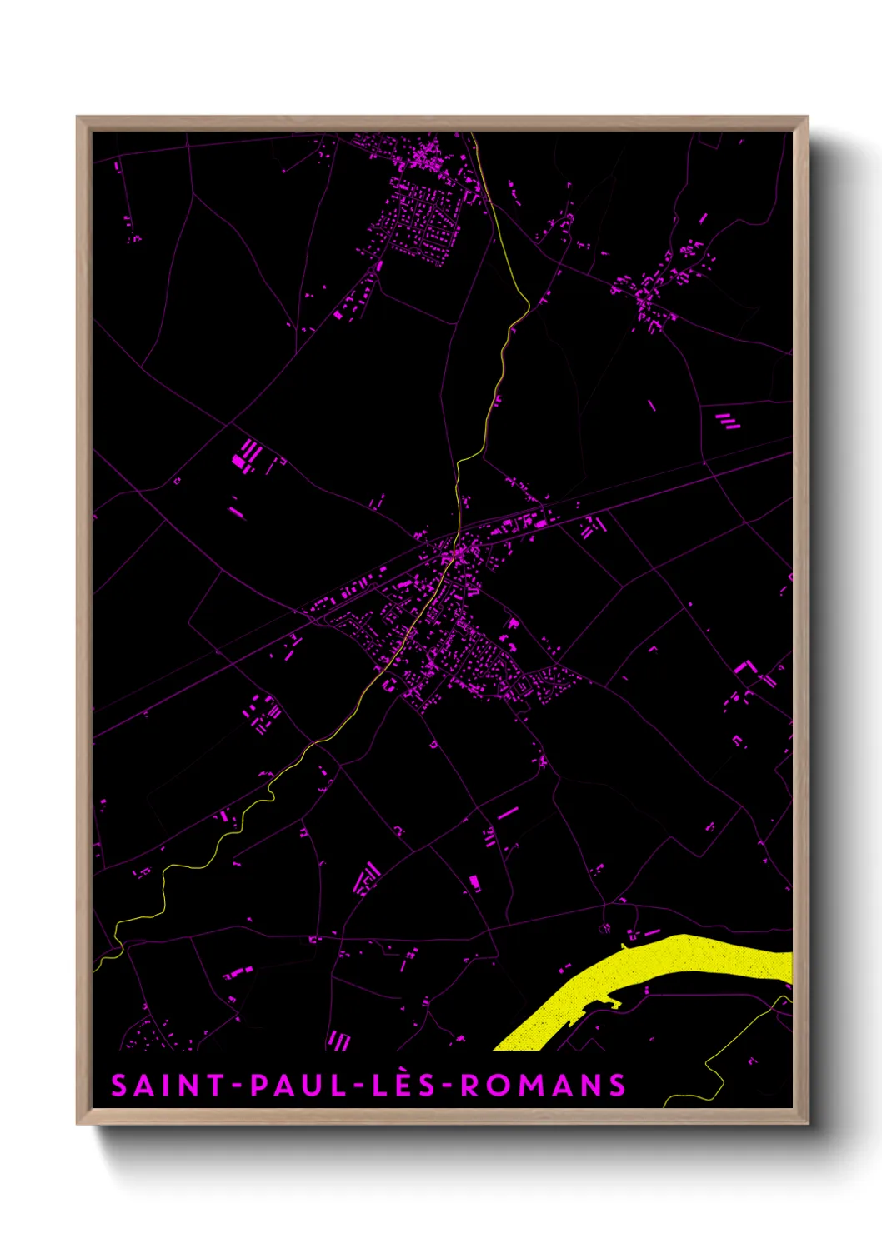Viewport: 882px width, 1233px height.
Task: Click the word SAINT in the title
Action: tap(168, 1086)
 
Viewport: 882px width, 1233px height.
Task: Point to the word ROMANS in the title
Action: tap(543, 1086)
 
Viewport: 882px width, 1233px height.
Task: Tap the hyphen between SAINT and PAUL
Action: tap(238, 1086)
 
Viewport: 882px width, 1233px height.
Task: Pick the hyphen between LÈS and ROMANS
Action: tap(448, 1086)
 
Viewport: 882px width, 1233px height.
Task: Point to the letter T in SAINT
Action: tap(217, 1086)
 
